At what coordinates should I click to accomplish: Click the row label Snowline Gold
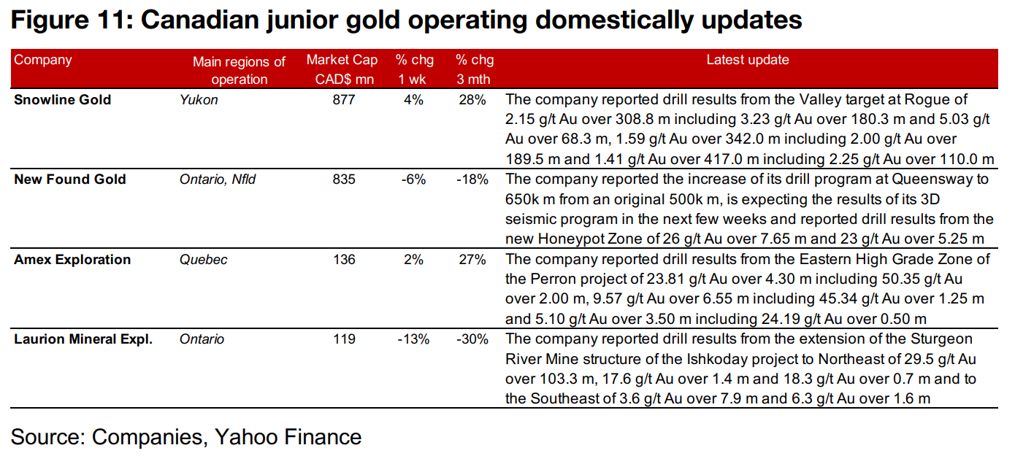(63, 99)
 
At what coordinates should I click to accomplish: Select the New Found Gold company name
(70, 179)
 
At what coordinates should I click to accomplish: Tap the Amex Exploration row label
(72, 259)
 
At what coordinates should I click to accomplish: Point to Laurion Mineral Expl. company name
(83, 339)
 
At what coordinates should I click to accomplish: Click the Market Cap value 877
(342, 99)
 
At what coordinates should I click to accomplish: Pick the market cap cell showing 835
(342, 179)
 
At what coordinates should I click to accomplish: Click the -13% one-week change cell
(413, 339)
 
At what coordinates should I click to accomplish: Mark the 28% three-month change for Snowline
(472, 99)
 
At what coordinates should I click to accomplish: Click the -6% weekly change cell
(413, 179)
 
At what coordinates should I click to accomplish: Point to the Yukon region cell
(199, 99)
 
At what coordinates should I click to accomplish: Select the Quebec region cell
(204, 259)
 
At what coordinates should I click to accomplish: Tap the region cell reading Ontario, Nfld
(218, 179)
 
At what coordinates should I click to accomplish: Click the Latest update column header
(747, 60)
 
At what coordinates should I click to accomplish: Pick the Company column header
(43, 60)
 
